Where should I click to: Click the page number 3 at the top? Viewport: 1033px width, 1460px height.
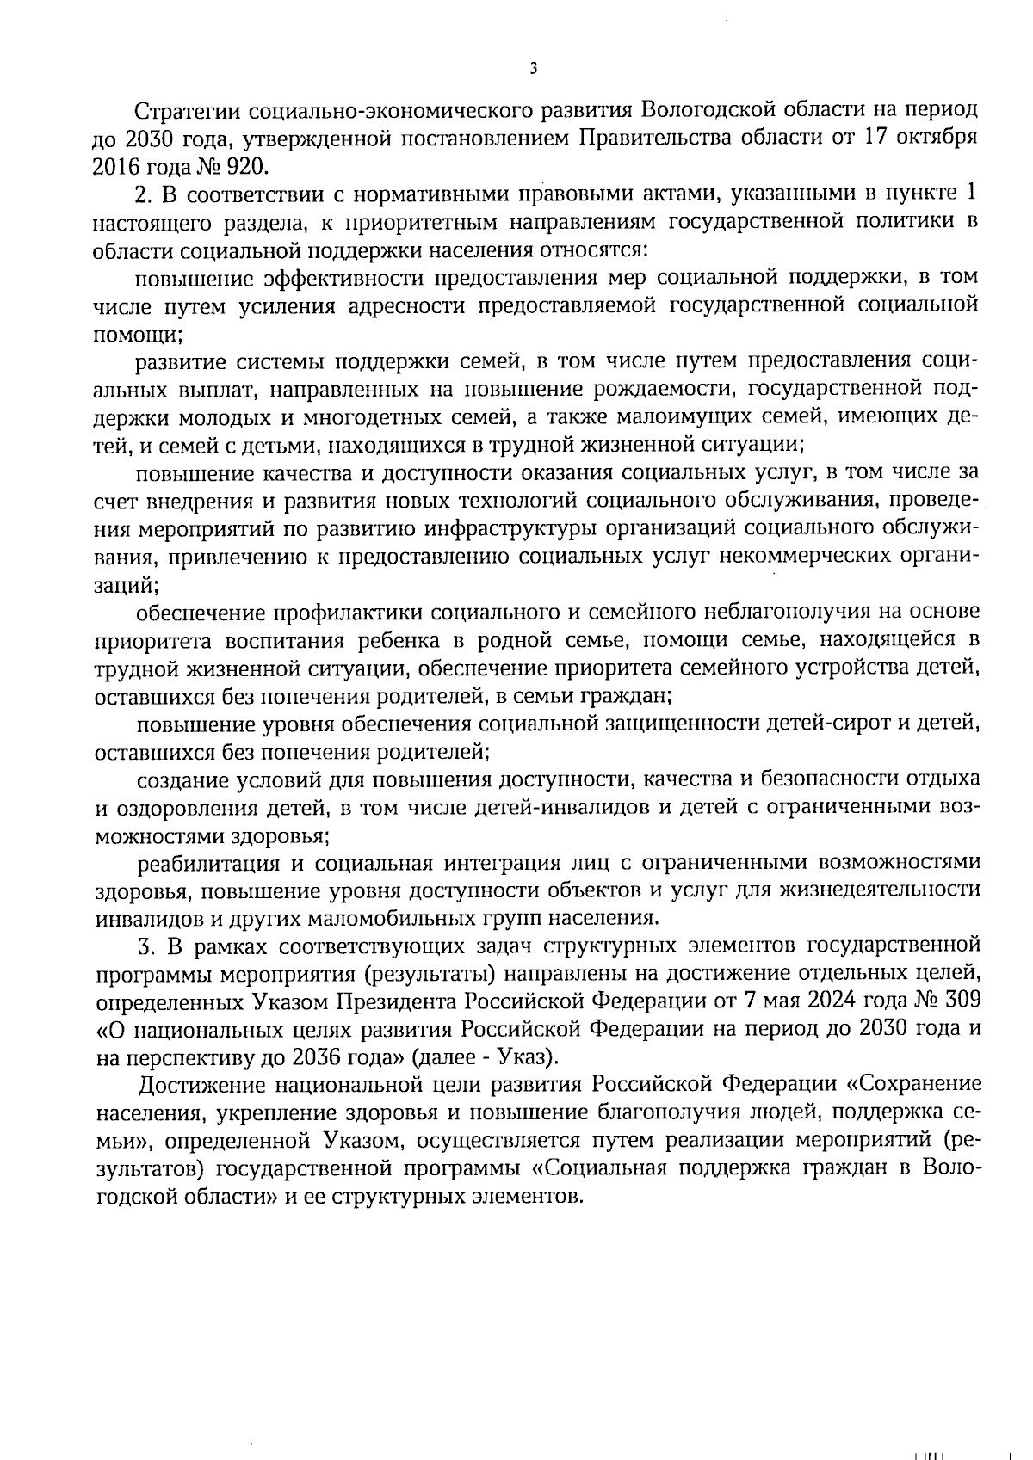tap(534, 69)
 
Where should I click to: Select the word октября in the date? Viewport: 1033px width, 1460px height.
tap(942, 139)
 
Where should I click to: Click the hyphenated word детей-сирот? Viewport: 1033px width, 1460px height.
tap(828, 724)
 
